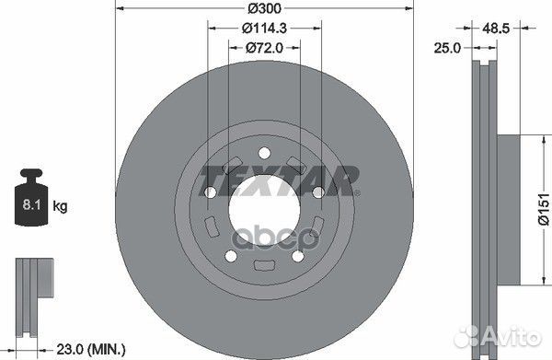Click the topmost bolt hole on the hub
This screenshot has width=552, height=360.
tap(263, 153)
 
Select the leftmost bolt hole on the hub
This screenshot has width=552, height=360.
tap(211, 192)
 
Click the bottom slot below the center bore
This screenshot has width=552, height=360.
tap(263, 268)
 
